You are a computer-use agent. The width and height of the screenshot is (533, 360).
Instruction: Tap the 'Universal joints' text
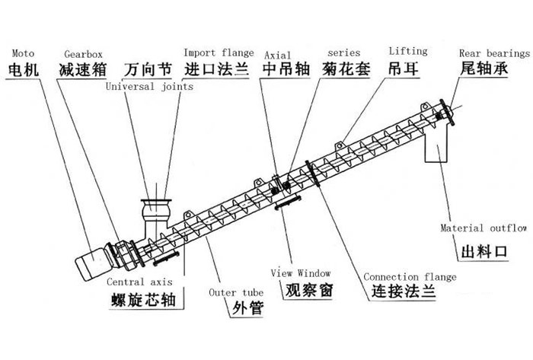click(x=149, y=87)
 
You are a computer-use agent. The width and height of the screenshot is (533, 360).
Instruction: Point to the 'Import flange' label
click(x=219, y=53)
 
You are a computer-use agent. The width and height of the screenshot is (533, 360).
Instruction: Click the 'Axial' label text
click(x=277, y=55)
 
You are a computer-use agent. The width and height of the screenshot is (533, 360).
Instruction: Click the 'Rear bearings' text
click(x=494, y=53)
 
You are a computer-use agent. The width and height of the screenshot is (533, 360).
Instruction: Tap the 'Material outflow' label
click(x=484, y=228)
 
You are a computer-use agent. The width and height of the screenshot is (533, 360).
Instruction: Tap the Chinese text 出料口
click(x=484, y=251)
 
